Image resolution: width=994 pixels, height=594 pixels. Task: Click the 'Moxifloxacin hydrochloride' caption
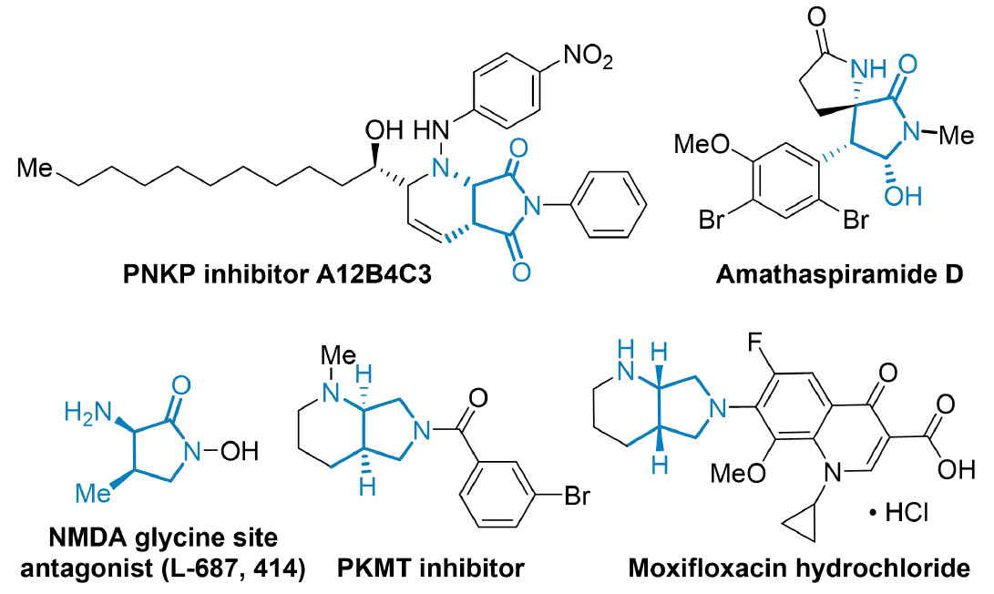click(x=799, y=569)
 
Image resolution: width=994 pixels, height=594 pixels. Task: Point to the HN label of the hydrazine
click(x=429, y=133)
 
